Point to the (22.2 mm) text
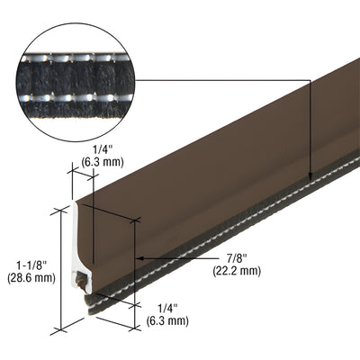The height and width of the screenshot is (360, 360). point(237,271)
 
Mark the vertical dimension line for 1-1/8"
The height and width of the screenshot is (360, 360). point(62,270)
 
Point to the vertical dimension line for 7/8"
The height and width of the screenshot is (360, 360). point(134,270)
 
